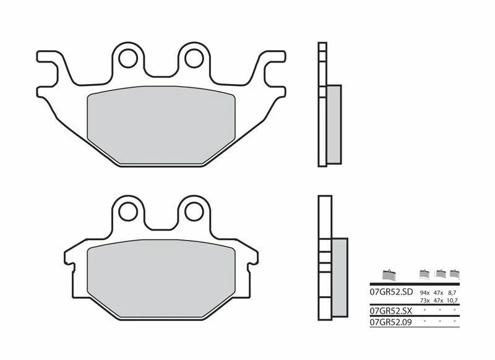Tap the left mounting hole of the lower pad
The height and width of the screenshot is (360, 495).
[129, 212]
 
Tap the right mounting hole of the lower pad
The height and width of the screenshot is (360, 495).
[192, 212]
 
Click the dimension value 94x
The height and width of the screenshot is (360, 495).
[424, 291]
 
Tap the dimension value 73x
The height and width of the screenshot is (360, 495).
[424, 299]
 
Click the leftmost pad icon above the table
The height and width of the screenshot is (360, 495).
[390, 275]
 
